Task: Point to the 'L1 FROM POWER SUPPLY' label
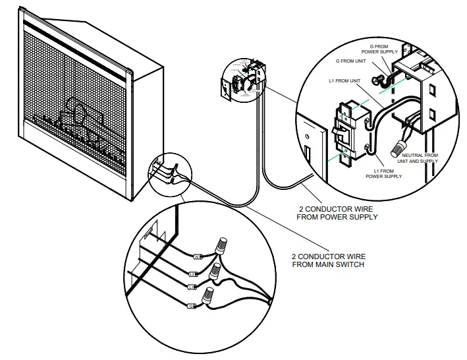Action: pyautogui.click(x=384, y=174)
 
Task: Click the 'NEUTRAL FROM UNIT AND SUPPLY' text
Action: pyautogui.click(x=420, y=159)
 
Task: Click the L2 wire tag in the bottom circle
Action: pyautogui.click(x=193, y=273)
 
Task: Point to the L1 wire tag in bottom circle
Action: pyautogui.click(x=191, y=287)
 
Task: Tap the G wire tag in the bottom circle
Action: pyautogui.click(x=191, y=307)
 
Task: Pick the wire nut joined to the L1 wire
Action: pyautogui.click(x=215, y=271)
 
